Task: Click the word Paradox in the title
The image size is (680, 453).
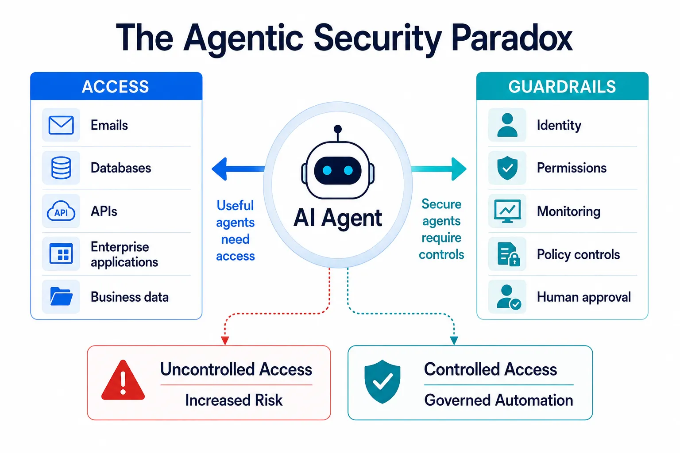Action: pyautogui.click(x=512, y=38)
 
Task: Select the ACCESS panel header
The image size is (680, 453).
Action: pyautogui.click(x=116, y=86)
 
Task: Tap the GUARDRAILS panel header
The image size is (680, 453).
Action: pyautogui.click(x=562, y=86)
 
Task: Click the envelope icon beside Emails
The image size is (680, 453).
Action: pyautogui.click(x=61, y=125)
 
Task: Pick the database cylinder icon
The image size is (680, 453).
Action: pyautogui.click(x=61, y=168)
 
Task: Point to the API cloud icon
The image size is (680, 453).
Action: pyautogui.click(x=61, y=211)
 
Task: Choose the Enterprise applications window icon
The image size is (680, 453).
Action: pyautogui.click(x=61, y=253)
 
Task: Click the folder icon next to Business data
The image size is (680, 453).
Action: pyautogui.click(x=61, y=296)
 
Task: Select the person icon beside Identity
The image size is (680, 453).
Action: pyautogui.click(x=507, y=125)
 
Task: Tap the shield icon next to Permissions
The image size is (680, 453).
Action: pyautogui.click(x=507, y=168)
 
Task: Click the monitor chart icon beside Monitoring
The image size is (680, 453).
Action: pyautogui.click(x=507, y=211)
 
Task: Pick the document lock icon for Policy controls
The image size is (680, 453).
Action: pyautogui.click(x=509, y=254)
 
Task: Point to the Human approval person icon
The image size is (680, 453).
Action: pyautogui.click(x=509, y=297)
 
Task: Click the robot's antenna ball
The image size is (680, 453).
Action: pyautogui.click(x=338, y=129)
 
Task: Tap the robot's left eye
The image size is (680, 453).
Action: pyautogui.click(x=327, y=170)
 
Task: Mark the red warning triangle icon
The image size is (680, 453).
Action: pyautogui.click(x=123, y=381)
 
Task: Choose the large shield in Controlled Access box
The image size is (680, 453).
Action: pyautogui.click(x=382, y=381)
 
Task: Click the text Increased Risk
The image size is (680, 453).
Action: pyautogui.click(x=234, y=400)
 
